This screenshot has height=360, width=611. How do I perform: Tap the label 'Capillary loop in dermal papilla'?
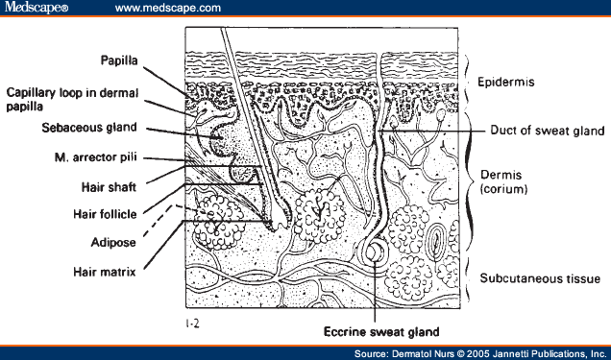(x=73, y=100)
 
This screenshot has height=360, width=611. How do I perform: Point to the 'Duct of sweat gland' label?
(x=546, y=130)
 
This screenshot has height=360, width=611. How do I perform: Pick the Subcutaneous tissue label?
(x=532, y=278)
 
